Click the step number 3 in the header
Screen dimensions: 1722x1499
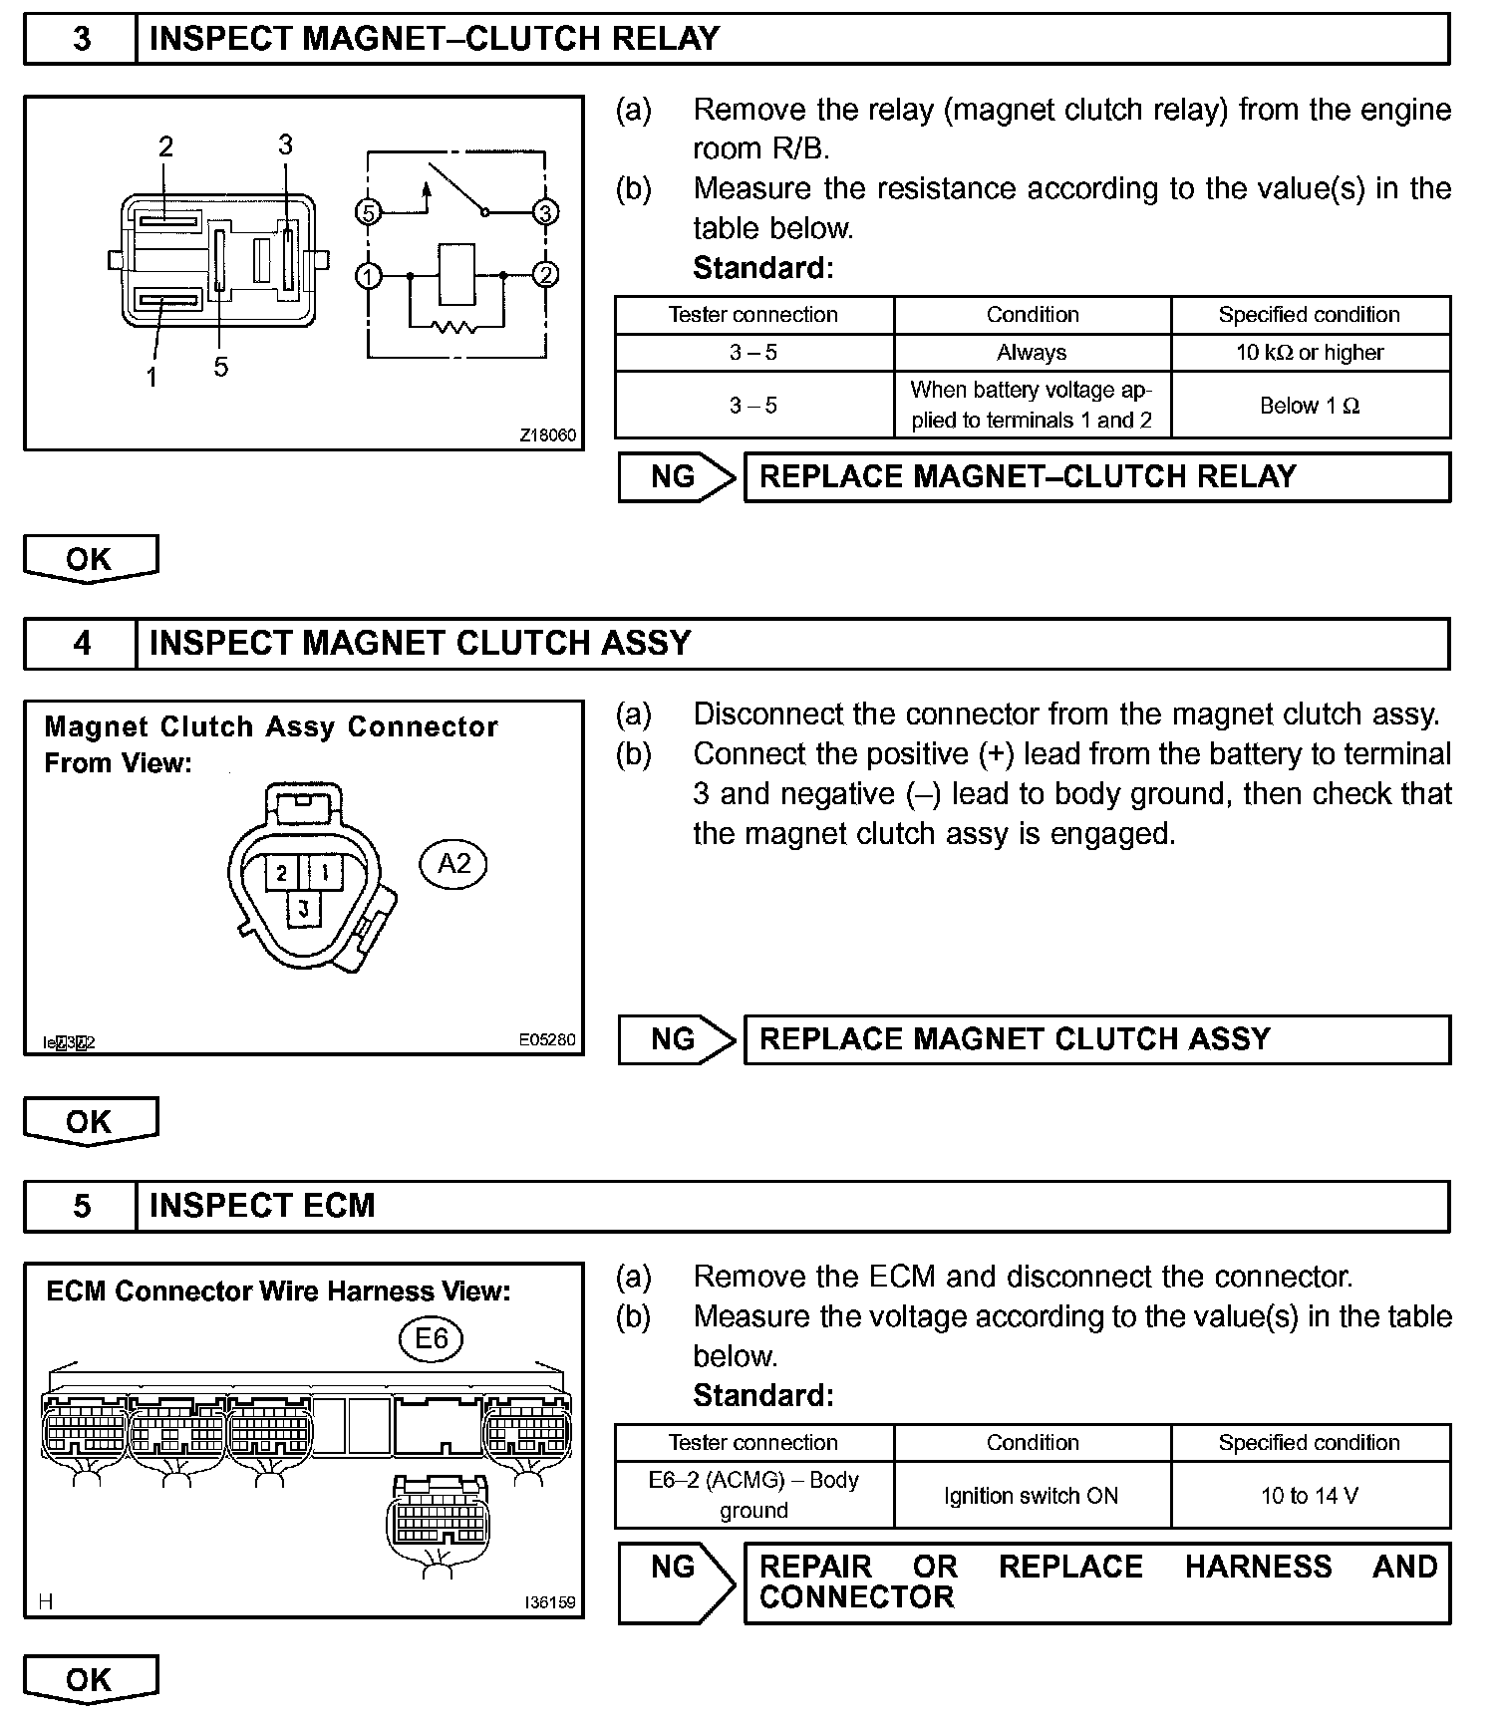tap(81, 39)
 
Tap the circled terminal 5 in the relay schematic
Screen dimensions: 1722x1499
tap(369, 212)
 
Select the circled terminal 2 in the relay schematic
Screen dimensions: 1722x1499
tap(545, 275)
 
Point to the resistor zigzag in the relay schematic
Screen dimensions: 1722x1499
tap(456, 326)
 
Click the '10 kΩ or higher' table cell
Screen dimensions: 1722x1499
tap(1310, 353)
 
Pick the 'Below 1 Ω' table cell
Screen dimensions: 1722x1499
tap(1310, 406)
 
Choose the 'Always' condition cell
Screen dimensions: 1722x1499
tap(1032, 353)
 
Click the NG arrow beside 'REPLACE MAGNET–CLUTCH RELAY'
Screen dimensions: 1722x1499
tap(676, 477)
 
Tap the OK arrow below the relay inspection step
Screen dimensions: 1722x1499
tap(90, 558)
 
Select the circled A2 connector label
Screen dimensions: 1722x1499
tap(453, 863)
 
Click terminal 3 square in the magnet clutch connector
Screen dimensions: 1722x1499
tap(304, 909)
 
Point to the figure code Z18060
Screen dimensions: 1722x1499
tap(547, 435)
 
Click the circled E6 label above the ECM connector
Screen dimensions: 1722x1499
tap(431, 1338)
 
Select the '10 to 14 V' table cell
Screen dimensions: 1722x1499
tap(1310, 1495)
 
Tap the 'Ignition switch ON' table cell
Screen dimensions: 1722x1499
tap(1032, 1495)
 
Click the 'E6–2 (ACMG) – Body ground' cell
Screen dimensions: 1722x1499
tap(753, 1495)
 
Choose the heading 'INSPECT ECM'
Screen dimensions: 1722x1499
tap(262, 1206)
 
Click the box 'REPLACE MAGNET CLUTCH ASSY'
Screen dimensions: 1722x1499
tap(1096, 1039)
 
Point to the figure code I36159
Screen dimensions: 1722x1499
tap(549, 1603)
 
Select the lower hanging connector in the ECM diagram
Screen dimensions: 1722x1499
tap(438, 1519)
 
